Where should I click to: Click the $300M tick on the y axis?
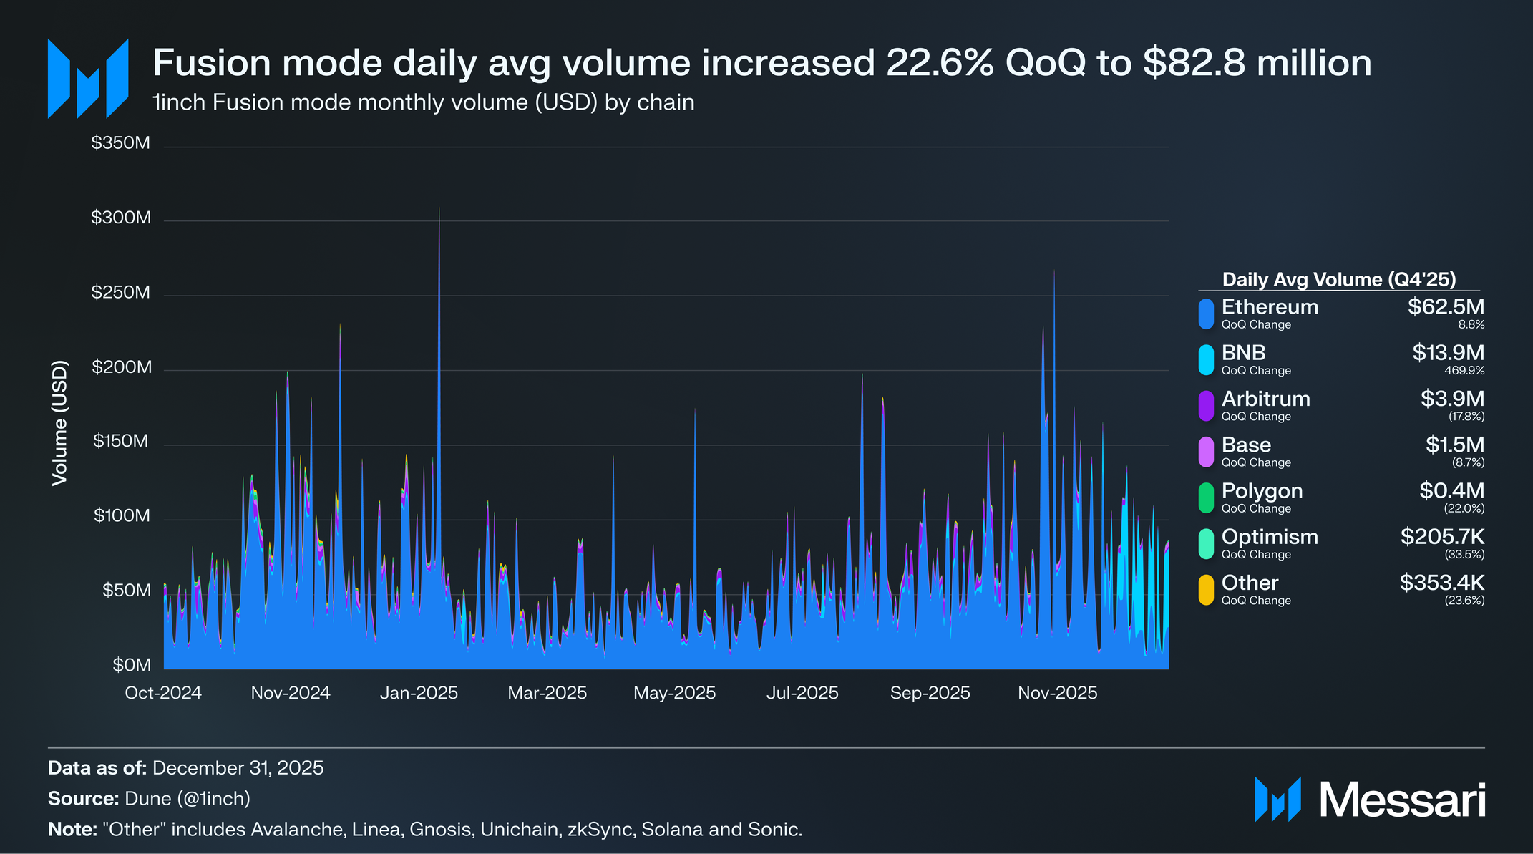pos(121,218)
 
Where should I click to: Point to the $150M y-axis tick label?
pos(121,441)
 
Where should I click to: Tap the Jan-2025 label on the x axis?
pos(419,693)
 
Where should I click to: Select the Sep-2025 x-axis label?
pos(930,693)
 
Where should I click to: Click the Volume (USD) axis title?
pos(60,423)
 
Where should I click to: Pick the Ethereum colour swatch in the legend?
pos(1206,314)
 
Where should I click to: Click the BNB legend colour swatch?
pos(1206,359)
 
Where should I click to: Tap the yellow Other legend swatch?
pos(1206,590)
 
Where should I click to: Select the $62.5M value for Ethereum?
pos(1446,307)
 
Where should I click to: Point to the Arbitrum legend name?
pos(1265,399)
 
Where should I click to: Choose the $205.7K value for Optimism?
pos(1442,537)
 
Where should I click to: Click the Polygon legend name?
pos(1262,491)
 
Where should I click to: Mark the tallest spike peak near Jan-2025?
pos(439,209)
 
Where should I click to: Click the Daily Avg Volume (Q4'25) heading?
pos(1339,279)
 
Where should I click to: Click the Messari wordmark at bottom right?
pos(1402,800)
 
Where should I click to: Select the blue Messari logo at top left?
pos(88,79)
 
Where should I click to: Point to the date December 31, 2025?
pos(238,768)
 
